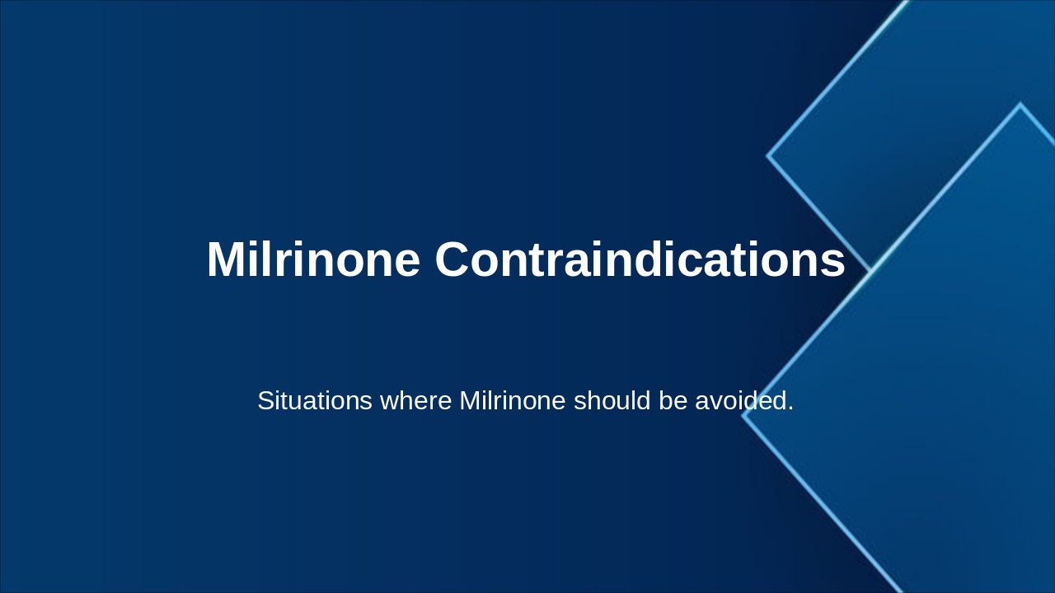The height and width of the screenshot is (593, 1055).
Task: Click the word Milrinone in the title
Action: (x=313, y=260)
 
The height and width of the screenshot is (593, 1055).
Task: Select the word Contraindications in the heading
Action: (x=640, y=260)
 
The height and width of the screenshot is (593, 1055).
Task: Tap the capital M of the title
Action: (x=227, y=260)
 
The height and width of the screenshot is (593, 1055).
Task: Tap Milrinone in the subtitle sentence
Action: (x=512, y=401)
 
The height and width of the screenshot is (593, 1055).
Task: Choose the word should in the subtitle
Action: (x=612, y=401)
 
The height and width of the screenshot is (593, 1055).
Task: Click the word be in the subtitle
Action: (x=673, y=401)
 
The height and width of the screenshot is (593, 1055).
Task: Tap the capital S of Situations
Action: (x=265, y=401)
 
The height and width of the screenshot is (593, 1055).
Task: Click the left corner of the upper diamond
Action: (x=768, y=155)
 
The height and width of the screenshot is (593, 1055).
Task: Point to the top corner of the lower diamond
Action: (x=1020, y=105)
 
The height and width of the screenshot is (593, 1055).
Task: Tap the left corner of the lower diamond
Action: (x=743, y=415)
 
